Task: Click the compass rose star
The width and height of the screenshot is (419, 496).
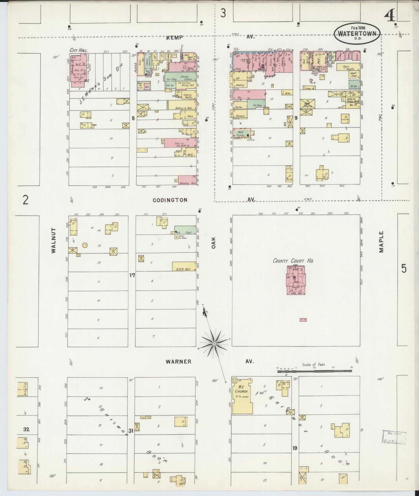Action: [214, 343]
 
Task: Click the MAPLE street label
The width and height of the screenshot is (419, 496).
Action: [381, 242]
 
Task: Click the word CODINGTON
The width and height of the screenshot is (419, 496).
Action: [170, 200]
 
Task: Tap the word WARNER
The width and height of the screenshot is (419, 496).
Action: [178, 361]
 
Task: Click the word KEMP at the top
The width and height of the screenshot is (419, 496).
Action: [175, 37]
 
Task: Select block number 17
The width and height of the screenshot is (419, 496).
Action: [132, 275]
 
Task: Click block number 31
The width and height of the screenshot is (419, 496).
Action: [131, 431]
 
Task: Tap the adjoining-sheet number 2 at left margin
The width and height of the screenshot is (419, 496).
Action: [26, 200]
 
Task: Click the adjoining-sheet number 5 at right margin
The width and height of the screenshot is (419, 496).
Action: [404, 269]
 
